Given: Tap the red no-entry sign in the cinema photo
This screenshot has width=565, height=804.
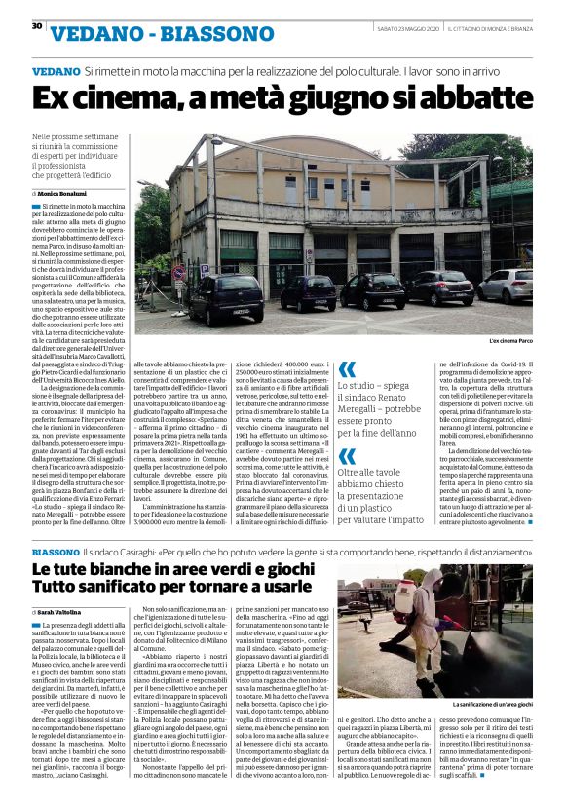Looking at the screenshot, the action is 178,273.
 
